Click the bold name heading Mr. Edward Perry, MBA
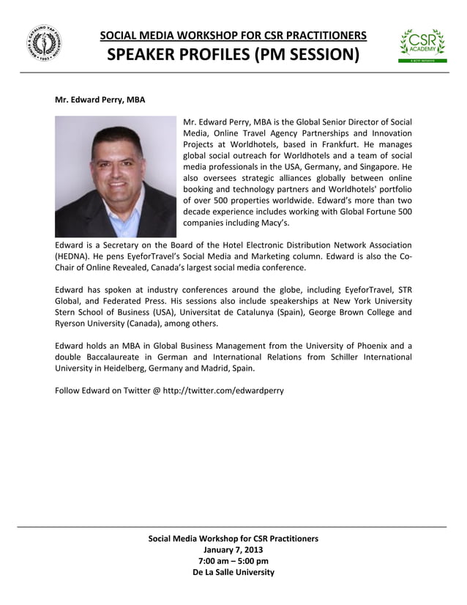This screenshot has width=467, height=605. pos(100,99)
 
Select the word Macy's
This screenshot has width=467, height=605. pos(273,223)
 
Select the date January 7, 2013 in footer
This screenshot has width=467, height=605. pos(233,549)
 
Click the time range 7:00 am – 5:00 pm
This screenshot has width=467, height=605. pos(233,561)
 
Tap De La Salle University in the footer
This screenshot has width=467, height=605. pos(233,572)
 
